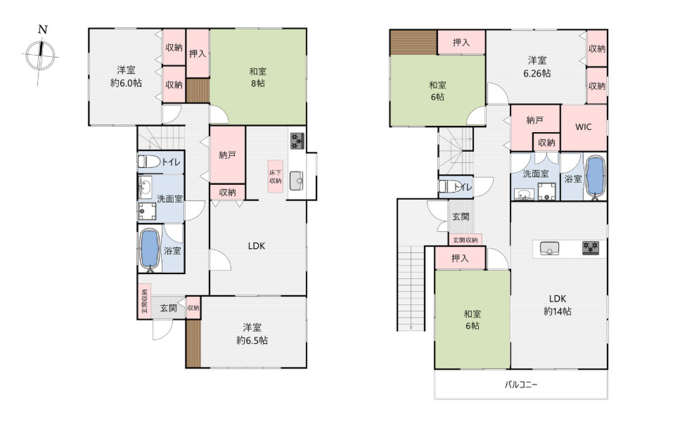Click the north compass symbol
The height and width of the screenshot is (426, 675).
pyautogui.click(x=41, y=56)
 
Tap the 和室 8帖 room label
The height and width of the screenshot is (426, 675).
pyautogui.click(x=258, y=77)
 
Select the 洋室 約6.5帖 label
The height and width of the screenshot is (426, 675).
pyautogui.click(x=252, y=334)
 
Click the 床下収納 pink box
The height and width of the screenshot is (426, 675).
pyautogui.click(x=276, y=176)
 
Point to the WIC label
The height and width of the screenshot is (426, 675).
pyautogui.click(x=584, y=127)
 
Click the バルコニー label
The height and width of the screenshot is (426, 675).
pyautogui.click(x=521, y=385)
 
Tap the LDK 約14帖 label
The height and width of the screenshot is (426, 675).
pyautogui.click(x=558, y=304)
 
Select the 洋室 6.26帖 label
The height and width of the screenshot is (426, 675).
pyautogui.click(x=536, y=67)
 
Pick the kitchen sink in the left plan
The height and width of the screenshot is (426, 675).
pyautogui.click(x=296, y=181)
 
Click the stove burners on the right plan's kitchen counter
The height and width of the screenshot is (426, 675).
pyautogui.click(x=590, y=248)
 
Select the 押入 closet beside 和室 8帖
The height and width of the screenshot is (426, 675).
pyautogui.click(x=198, y=53)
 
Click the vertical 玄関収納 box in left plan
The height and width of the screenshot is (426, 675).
pyautogui.click(x=145, y=301)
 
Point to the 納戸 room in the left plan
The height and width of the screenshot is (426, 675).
pyautogui.click(x=228, y=155)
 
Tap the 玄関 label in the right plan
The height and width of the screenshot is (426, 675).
pyautogui.click(x=461, y=217)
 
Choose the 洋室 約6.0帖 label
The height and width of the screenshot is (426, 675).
pyautogui.click(x=126, y=76)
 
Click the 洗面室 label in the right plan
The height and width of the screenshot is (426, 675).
pyautogui.click(x=536, y=174)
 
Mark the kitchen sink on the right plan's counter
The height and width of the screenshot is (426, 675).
pyautogui.click(x=549, y=248)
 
